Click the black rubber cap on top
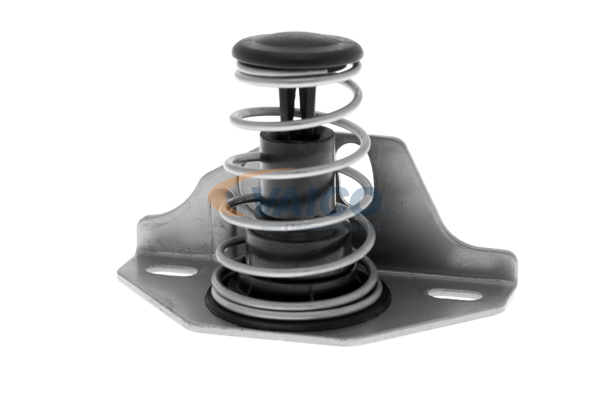[x=297, y=50]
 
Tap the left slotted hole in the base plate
[x=171, y=271]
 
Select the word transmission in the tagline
[x=311, y=228]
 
